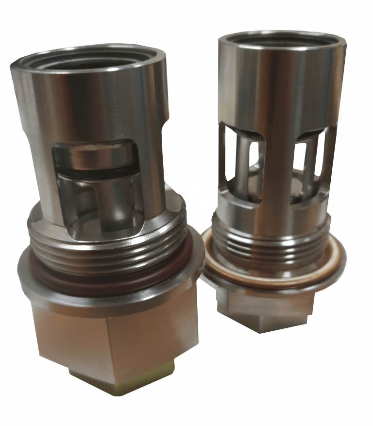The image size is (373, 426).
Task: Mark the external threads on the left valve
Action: [x=107, y=248]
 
